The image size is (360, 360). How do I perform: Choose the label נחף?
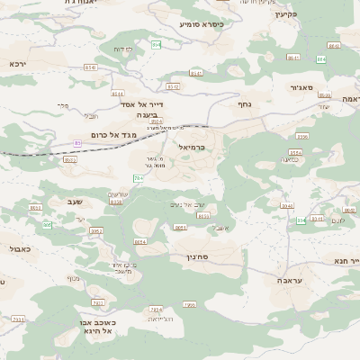point(243,104)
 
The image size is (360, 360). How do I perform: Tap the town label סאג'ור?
point(301,87)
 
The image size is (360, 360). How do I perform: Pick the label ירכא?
point(18,64)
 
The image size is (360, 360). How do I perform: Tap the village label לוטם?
point(337,220)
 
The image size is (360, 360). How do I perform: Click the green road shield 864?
point(157,45)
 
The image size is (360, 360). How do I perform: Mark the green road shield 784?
point(138,178)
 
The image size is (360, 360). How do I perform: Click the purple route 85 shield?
point(77,143)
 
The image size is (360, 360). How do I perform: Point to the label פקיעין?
point(285,14)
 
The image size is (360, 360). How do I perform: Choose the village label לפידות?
point(124,49)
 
